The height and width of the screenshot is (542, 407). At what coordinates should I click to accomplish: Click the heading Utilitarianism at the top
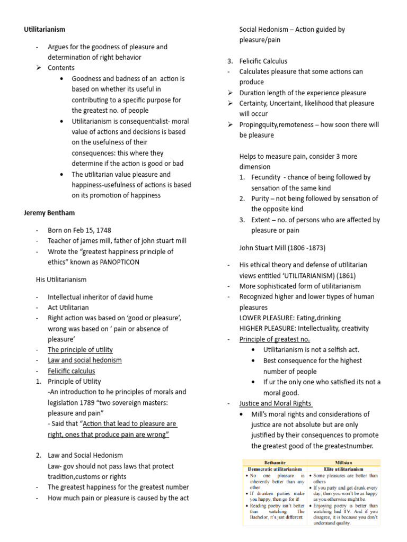coord(45,29)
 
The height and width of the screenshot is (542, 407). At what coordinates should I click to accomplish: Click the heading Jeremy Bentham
coord(49,213)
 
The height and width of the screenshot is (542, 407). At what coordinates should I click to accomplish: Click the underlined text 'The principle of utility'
coord(80,350)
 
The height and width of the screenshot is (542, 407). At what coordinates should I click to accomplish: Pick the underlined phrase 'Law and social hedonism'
coord(85,360)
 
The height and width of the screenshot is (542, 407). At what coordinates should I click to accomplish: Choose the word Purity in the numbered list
coord(261,198)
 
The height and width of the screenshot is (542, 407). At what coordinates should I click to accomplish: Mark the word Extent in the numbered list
coord(262,220)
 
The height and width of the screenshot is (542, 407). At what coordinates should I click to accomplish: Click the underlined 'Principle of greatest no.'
coord(275,339)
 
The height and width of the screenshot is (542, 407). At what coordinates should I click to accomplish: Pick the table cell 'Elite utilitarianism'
coord(343,469)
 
